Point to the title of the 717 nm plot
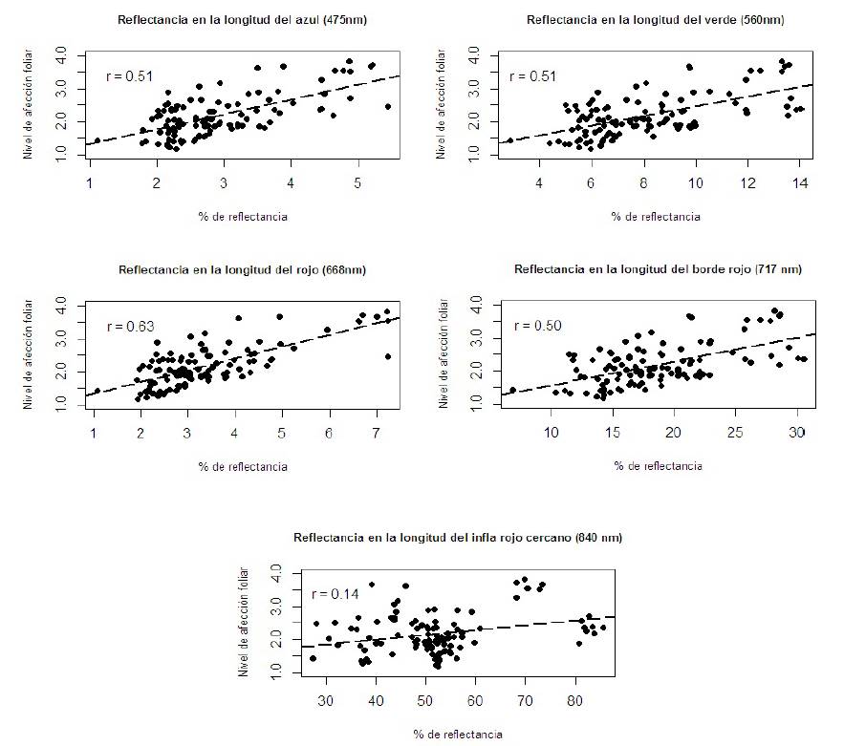pos(658,269)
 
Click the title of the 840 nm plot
pos(458,538)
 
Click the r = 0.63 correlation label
pos(131,327)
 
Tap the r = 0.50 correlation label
pos(535,326)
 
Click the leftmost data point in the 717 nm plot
pos(512,390)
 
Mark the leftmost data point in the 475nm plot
pos(97,140)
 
